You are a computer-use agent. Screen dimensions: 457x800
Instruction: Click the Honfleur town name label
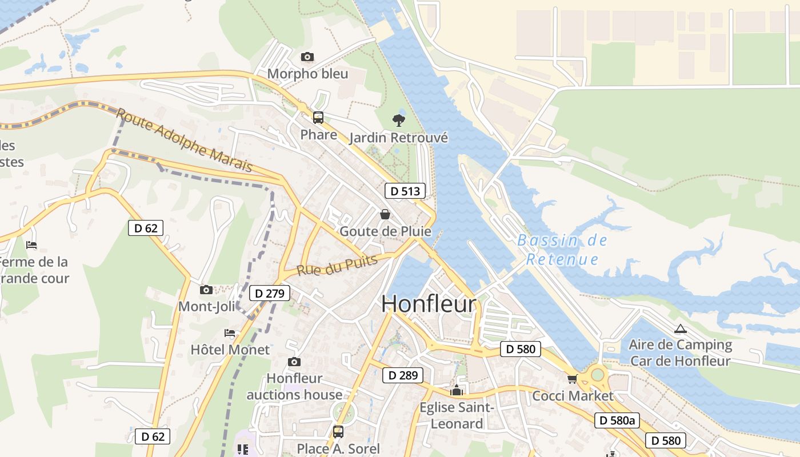click(x=429, y=304)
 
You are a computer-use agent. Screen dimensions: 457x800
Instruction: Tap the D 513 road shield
click(x=406, y=191)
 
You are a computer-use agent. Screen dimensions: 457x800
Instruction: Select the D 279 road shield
click(x=270, y=294)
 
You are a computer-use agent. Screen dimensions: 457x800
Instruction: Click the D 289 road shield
click(x=403, y=375)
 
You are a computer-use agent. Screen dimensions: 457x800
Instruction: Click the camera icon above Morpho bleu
click(x=307, y=57)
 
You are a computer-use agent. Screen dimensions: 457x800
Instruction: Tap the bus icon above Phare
click(x=318, y=118)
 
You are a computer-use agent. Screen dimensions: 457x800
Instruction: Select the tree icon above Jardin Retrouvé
click(x=399, y=120)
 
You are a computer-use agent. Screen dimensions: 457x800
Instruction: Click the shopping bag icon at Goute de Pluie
click(x=385, y=214)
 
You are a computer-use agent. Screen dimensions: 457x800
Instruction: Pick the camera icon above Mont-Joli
click(x=206, y=290)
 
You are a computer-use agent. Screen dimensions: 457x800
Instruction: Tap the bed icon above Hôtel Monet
click(x=230, y=333)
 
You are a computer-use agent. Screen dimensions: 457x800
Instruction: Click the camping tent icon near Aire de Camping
click(x=679, y=328)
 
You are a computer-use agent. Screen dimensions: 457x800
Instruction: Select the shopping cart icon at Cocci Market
click(x=572, y=379)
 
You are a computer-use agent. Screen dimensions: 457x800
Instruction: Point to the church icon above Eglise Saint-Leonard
click(x=457, y=391)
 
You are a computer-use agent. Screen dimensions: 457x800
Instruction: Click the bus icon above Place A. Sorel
click(x=338, y=431)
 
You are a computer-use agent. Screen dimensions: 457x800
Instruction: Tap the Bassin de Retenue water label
click(x=562, y=250)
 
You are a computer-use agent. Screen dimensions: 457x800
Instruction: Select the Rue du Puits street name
click(x=337, y=266)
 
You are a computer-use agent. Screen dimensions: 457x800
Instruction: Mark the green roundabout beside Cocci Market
click(x=598, y=375)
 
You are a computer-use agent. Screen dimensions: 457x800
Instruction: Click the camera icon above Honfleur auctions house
click(x=294, y=362)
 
